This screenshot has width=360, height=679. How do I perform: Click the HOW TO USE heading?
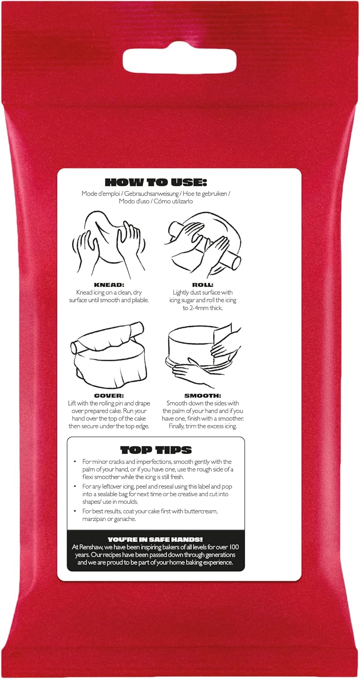[x=155, y=182]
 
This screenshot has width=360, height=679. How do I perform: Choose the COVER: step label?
[x=109, y=395]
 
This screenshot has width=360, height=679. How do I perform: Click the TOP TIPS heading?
[x=155, y=450]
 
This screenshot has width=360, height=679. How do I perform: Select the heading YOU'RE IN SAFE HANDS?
[x=155, y=539]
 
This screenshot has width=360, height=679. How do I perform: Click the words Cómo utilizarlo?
[x=173, y=201]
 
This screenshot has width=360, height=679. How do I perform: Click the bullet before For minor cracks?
[x=75, y=462]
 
